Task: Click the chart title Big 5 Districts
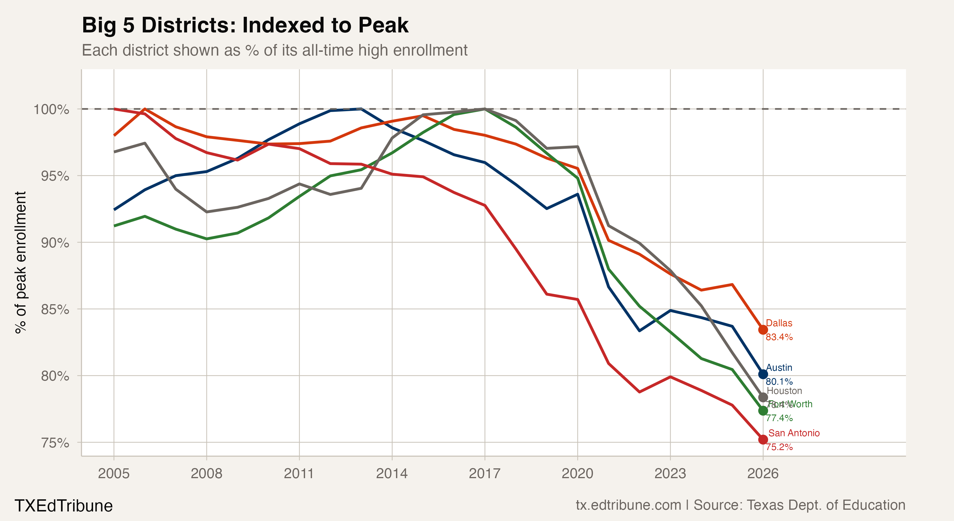pos(245,25)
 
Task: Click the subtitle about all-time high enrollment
pos(274,50)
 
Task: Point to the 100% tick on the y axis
pos(51,109)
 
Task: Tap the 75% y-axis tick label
pos(55,443)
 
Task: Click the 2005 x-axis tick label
pos(114,474)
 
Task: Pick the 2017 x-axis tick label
pos(485,474)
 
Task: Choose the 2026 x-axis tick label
pos(763,474)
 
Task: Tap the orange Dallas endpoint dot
pos(763,330)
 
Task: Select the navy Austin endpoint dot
pos(763,374)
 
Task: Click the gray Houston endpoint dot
pos(763,397)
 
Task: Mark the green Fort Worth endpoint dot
pos(763,410)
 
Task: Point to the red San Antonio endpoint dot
pos(763,439)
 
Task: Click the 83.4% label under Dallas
pos(779,337)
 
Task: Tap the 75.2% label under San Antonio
pos(779,447)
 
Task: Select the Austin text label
pos(779,368)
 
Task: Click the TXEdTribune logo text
pos(63,506)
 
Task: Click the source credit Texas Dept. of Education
pos(799,505)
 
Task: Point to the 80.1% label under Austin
pos(779,381)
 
